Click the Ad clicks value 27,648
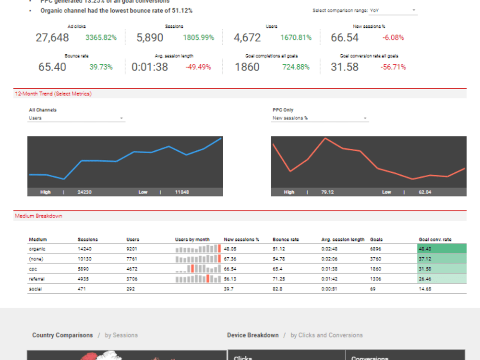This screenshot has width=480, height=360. click(52, 38)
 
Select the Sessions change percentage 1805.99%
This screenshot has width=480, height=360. click(198, 38)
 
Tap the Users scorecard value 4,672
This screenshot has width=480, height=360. click(247, 38)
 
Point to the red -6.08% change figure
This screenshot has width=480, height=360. click(393, 38)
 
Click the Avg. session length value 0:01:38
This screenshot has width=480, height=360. click(150, 67)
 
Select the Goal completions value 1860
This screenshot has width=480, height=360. click(247, 67)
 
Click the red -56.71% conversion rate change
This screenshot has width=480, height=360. click(393, 67)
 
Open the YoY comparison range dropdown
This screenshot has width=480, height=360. click(393, 10)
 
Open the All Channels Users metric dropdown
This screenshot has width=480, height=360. click(77, 118)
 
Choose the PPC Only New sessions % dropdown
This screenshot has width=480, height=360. click(320, 118)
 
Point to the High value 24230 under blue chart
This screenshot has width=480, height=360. click(84, 192)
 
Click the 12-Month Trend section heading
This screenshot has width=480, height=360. click(53, 94)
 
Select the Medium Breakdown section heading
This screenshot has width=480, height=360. click(38, 216)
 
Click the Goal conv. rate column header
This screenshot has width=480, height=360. click(435, 240)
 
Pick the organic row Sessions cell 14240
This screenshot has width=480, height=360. click(84, 249)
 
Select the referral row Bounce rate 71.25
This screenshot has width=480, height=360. click(279, 279)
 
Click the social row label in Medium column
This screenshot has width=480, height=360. click(35, 289)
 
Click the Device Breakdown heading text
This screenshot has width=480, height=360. click(252, 335)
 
